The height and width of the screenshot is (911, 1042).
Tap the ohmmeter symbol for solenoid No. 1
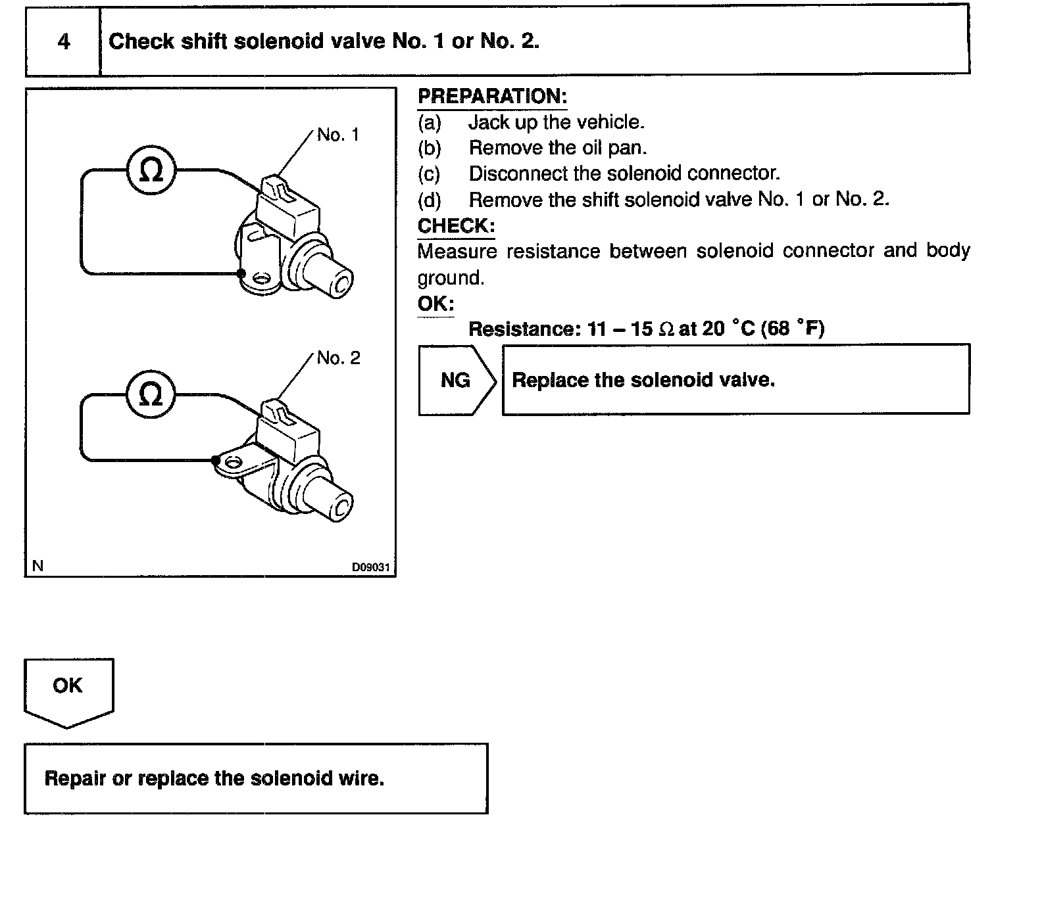coord(151,171)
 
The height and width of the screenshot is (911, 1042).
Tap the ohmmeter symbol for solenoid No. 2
coord(151,394)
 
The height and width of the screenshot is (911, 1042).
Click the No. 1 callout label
coord(338,135)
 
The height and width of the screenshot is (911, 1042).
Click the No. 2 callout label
coord(338,358)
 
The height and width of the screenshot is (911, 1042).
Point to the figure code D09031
coord(371,567)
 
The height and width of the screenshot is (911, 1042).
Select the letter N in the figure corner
coord(37,566)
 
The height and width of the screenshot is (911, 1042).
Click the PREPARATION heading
coord(492,97)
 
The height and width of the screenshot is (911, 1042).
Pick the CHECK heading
coord(456,226)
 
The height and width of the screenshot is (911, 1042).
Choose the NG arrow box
coord(456,380)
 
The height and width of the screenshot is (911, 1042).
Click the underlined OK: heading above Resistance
coord(435,304)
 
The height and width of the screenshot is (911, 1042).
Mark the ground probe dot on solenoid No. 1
coord(241,273)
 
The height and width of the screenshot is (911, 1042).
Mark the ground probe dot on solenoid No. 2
coord(216,460)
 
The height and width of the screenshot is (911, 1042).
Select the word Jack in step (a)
coord(489,122)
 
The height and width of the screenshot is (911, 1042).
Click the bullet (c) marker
coord(429,174)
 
